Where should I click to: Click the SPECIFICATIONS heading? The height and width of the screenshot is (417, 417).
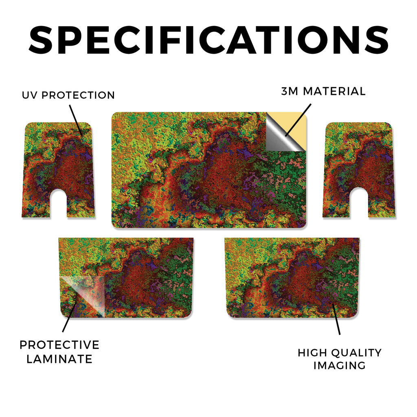point(208,40)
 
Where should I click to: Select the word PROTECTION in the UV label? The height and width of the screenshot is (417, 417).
point(78,95)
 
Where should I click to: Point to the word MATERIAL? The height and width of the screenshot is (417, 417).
point(334,91)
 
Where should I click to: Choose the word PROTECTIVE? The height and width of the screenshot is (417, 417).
point(59,345)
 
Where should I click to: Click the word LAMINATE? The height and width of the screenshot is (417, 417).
point(59,359)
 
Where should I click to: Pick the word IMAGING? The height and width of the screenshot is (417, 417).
point(340,365)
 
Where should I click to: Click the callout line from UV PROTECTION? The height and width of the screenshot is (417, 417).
point(76,120)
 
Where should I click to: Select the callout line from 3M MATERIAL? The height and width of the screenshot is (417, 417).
point(298,120)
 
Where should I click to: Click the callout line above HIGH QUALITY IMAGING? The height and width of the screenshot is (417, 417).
point(336,318)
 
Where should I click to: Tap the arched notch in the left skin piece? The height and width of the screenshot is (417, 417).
point(59,202)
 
